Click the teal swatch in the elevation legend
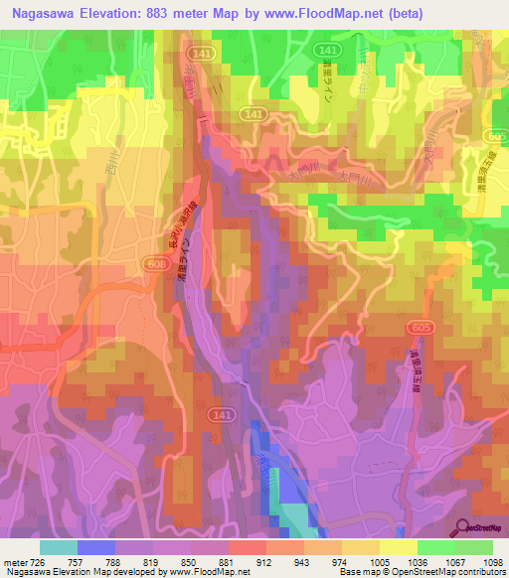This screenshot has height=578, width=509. [58, 547]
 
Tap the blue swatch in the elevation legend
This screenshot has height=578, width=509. [96, 547]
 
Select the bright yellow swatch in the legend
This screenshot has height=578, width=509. [397, 547]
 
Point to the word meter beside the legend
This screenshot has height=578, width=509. [13, 560]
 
